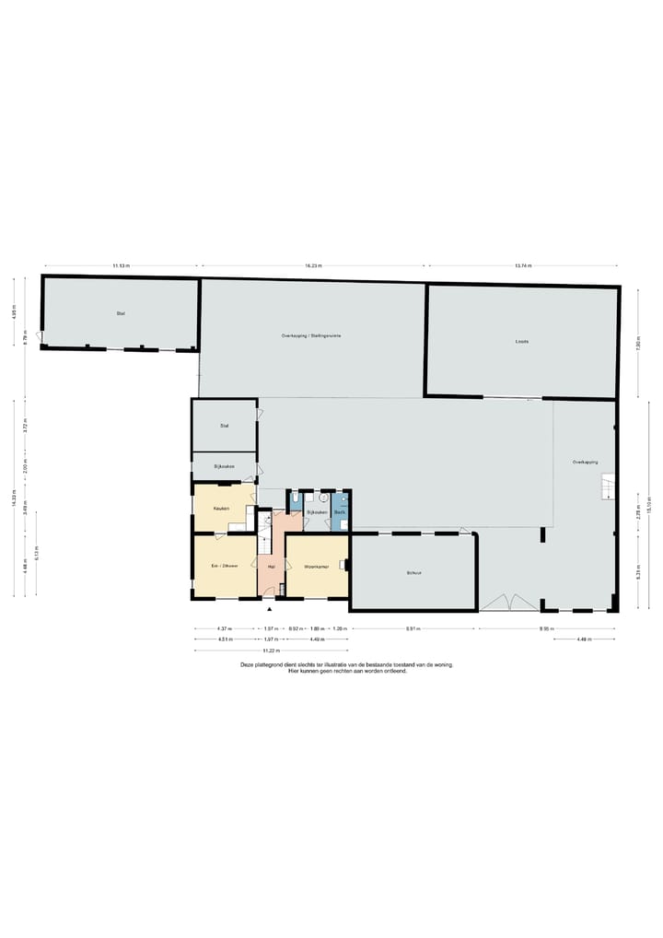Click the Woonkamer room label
tap(317, 566)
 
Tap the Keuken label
tap(221, 508)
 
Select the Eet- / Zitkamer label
tap(225, 566)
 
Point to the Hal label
tap(271, 567)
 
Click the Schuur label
tap(413, 571)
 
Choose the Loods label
tap(522, 341)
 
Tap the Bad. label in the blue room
tap(340, 511)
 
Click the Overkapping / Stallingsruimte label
tap(311, 335)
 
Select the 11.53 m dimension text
tap(122, 265)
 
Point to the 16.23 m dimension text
tap(313, 265)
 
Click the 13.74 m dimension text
tap(523, 265)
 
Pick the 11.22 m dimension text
tap(270, 651)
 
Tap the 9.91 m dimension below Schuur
tap(413, 628)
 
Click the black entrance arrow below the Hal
tap(270, 608)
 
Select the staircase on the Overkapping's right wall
tap(608, 485)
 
